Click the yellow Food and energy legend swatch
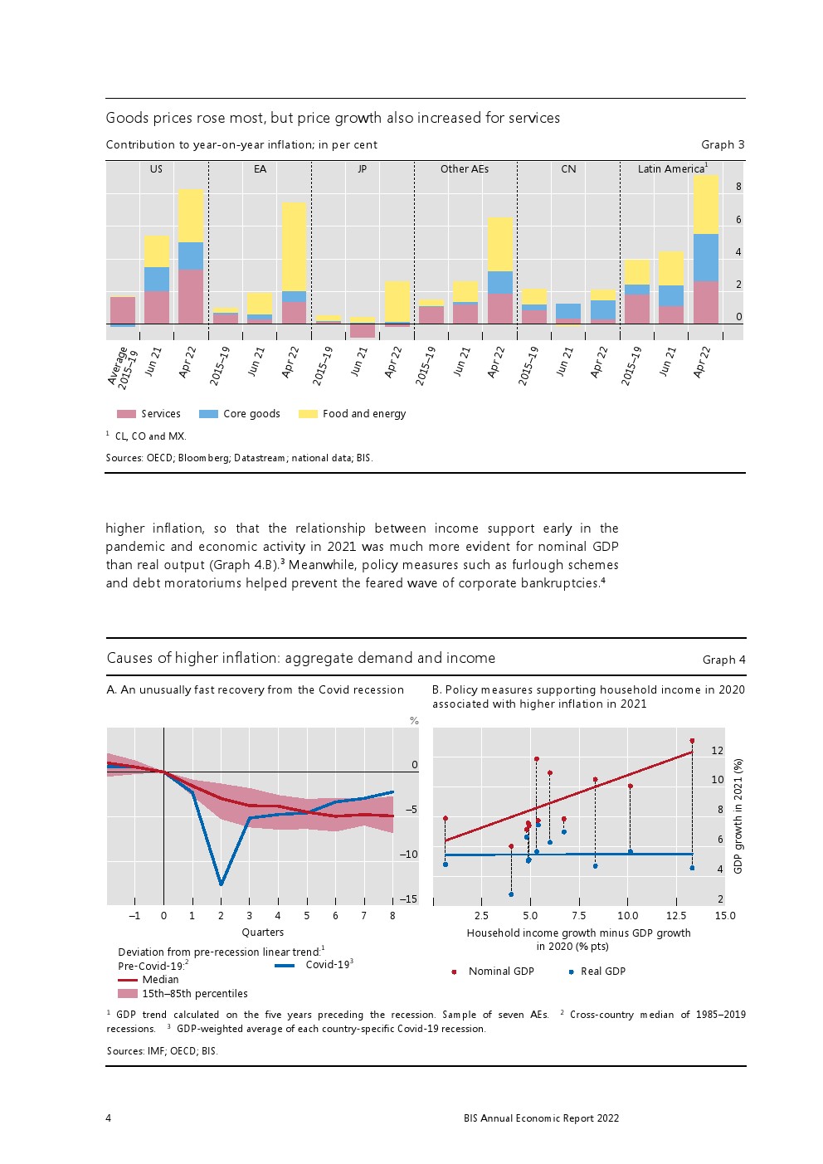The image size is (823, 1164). [x=308, y=414]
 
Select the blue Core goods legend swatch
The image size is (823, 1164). [x=208, y=414]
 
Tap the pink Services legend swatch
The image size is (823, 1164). [x=126, y=414]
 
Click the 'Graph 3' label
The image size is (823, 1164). [x=723, y=144]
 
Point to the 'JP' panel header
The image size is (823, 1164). [x=362, y=169]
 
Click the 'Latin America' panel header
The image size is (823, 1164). [x=671, y=169]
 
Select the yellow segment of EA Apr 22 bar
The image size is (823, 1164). [x=294, y=246]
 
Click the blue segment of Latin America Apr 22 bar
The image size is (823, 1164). [x=705, y=257]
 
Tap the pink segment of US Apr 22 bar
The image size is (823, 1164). [x=190, y=296]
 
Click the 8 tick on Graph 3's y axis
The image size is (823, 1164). [x=738, y=187]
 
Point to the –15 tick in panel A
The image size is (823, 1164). [x=408, y=899]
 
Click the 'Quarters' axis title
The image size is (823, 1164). [x=263, y=933]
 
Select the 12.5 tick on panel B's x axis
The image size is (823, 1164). [x=676, y=916]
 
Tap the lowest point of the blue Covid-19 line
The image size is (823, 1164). [x=221, y=884]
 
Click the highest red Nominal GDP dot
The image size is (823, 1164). [x=692, y=741]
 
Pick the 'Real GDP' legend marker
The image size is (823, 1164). [x=571, y=972]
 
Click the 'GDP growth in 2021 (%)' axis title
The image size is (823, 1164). [x=738, y=816]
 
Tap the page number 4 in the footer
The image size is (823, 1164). [x=109, y=1118]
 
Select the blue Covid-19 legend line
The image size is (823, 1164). [x=285, y=966]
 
